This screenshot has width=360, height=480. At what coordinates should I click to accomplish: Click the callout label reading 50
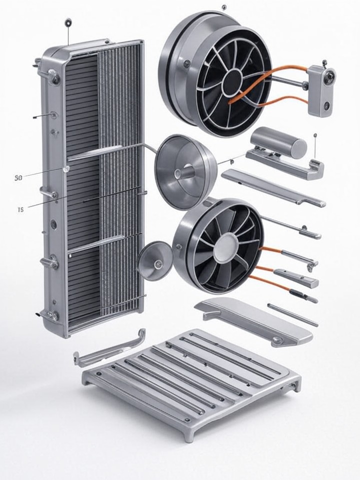tap(18, 177)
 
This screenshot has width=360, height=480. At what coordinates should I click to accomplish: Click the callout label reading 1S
tap(20, 210)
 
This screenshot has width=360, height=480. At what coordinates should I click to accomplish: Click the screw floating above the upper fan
tap(223, 7)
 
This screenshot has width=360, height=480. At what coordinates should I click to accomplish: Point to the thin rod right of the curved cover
tap(292, 314)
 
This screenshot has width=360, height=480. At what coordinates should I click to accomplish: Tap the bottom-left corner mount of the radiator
tap(52, 316)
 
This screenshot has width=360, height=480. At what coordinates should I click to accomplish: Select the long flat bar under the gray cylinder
tap(272, 187)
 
